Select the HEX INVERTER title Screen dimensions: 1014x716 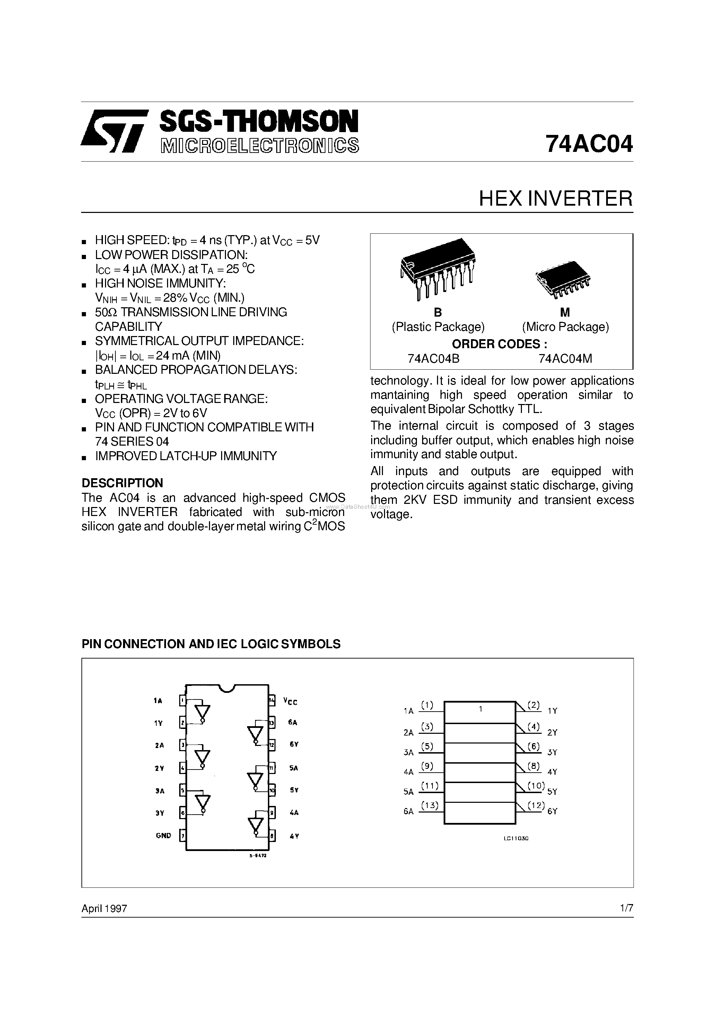[x=555, y=199]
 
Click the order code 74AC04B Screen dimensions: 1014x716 [x=434, y=359]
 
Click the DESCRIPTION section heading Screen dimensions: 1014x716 [x=122, y=483]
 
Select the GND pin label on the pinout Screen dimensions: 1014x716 [x=163, y=835]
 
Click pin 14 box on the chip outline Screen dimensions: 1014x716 [x=272, y=701]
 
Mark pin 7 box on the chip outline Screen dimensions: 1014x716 [x=182, y=835]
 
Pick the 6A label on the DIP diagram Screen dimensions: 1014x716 [x=292, y=722]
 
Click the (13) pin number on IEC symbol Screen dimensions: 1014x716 [x=429, y=805]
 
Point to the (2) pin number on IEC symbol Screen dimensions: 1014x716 [x=534, y=705]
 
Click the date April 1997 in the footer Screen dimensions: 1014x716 [x=105, y=909]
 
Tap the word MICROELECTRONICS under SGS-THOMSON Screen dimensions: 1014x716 [x=260, y=146]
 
